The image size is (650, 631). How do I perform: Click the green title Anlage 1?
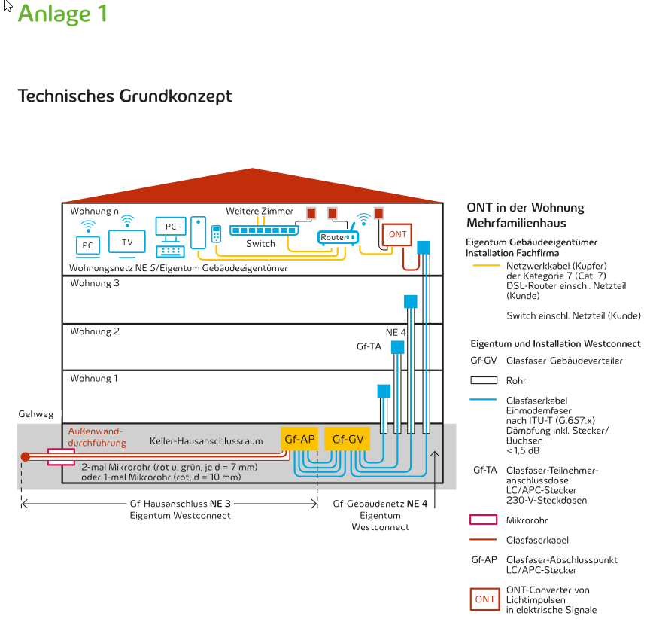62,14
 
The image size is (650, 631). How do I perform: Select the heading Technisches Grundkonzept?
124,96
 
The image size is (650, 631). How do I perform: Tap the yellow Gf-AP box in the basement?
299,439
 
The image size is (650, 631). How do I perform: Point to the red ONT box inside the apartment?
397,235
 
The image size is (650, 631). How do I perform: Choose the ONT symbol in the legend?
484,599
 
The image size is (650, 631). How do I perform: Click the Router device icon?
336,237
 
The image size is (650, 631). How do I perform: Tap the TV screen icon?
127,242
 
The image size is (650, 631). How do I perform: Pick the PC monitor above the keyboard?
171,227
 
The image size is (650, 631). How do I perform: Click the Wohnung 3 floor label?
94,284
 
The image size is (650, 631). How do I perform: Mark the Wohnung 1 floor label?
94,379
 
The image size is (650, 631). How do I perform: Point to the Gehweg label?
36,415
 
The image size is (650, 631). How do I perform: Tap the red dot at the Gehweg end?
25,456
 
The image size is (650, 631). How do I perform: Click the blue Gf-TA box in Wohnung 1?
384,391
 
